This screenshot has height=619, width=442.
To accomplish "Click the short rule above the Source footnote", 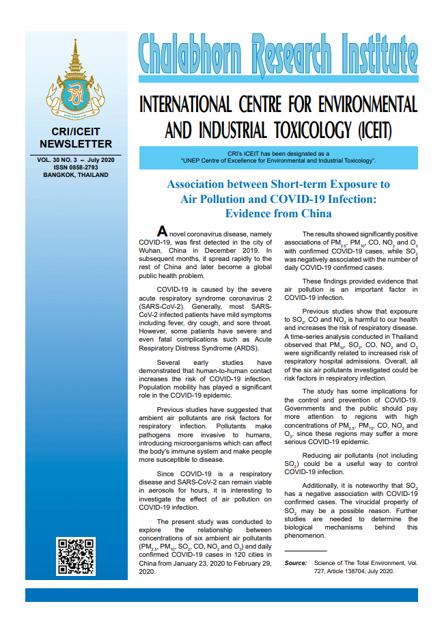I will [305, 551].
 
